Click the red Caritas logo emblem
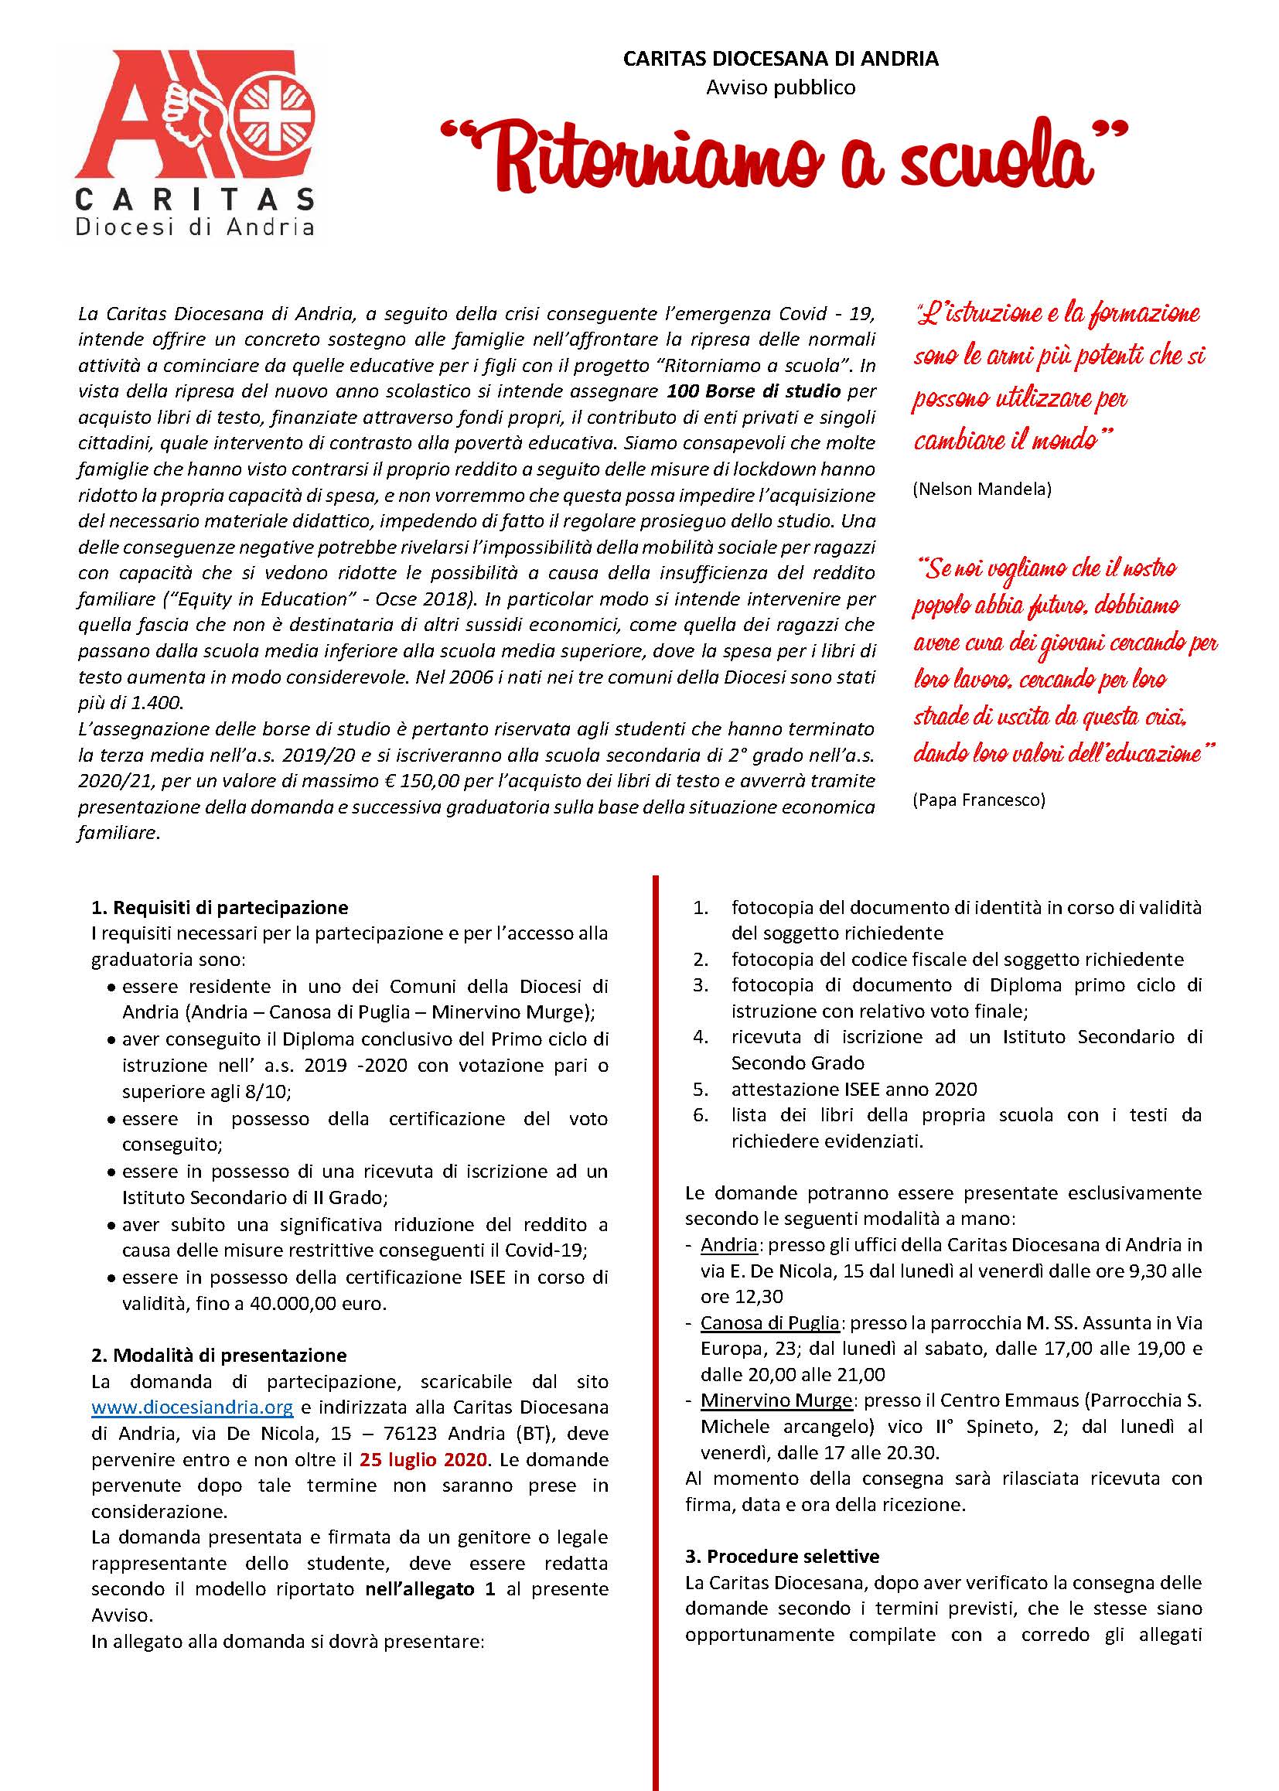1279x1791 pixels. pos(196,115)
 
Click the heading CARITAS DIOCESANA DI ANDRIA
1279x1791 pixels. pos(780,59)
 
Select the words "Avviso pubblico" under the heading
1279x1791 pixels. pos(780,87)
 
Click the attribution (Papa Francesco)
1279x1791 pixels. pos(979,800)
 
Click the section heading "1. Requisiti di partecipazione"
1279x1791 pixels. pos(220,907)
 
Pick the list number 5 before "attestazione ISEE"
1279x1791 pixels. pos(700,1090)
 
